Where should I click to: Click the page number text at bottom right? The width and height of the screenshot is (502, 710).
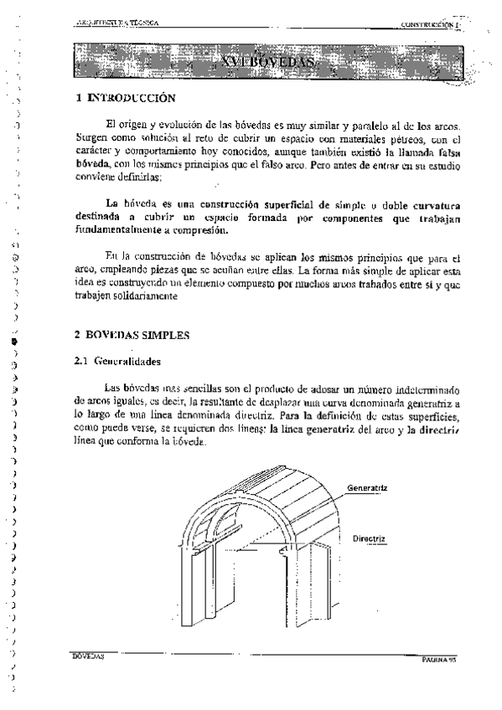442,660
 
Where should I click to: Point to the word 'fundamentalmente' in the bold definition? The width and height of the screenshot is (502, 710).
122,228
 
